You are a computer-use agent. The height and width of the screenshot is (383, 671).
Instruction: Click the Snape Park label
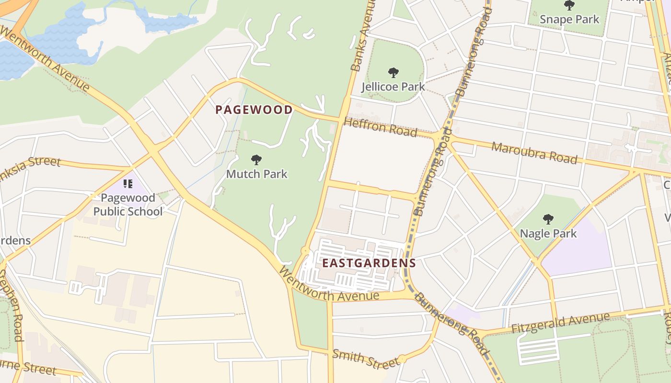point(569,19)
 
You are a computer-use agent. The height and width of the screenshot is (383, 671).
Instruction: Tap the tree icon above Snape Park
point(569,6)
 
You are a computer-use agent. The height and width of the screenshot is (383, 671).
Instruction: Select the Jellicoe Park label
point(393,87)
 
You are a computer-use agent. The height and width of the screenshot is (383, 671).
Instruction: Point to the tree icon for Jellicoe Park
point(393,73)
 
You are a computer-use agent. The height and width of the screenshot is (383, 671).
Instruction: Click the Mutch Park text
point(257,174)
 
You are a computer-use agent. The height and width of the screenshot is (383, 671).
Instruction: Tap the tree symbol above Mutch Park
point(256,159)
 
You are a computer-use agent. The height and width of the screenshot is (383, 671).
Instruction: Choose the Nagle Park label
point(548,234)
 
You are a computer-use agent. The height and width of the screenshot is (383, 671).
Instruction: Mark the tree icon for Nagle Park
point(548,219)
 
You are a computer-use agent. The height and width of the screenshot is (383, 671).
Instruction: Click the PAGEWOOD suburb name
point(254,110)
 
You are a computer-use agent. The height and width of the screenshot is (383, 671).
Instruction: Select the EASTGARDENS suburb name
point(369,263)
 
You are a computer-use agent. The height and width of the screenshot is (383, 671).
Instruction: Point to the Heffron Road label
point(381,127)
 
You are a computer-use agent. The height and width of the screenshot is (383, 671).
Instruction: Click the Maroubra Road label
point(534,153)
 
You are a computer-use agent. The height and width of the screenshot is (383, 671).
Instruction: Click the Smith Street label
point(365,359)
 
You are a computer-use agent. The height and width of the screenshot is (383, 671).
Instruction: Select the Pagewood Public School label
point(128,204)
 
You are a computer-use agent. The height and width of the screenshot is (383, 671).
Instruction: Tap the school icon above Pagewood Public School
point(128,183)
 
